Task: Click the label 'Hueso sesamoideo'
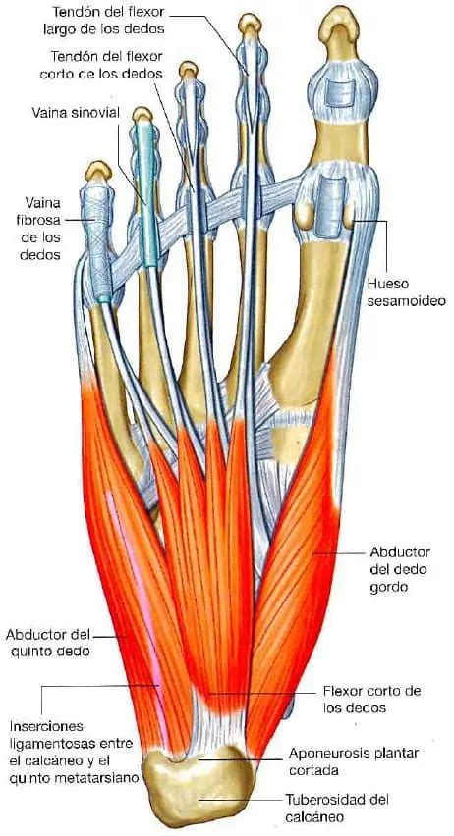(x=407, y=291)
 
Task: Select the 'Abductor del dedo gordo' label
(x=400, y=569)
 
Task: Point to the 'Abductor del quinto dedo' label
(x=48, y=643)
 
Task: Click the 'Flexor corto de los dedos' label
(x=371, y=700)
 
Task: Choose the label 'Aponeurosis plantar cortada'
(x=354, y=761)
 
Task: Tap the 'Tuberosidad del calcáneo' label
(x=336, y=808)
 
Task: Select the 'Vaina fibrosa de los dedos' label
(x=40, y=229)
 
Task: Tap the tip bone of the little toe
(x=98, y=171)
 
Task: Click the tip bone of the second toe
(x=250, y=25)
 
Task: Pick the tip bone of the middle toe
(x=188, y=70)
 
